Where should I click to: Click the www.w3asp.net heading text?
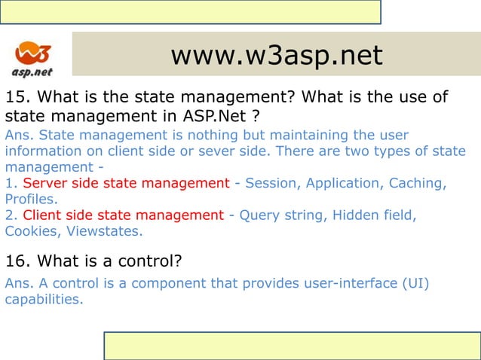[x=276, y=54]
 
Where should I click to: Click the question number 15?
[x=17, y=98]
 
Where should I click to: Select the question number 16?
[x=17, y=261]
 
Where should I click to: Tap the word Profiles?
[x=29, y=200]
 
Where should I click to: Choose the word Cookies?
[x=31, y=231]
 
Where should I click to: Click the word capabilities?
[x=42, y=299]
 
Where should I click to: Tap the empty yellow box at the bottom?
[x=292, y=346]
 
